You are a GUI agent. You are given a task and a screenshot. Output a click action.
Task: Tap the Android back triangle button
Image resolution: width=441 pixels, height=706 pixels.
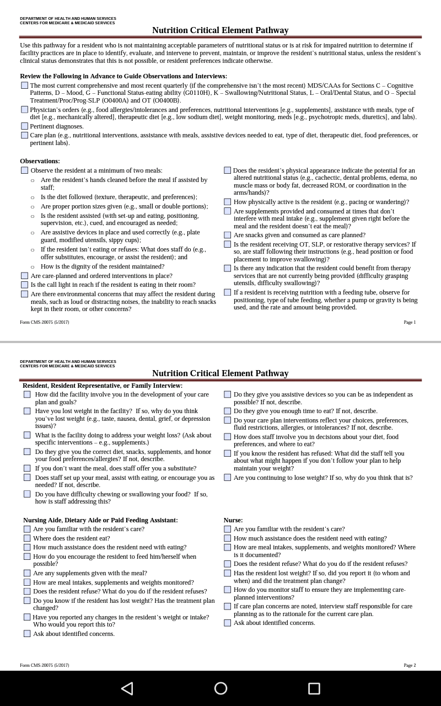(x=127, y=688)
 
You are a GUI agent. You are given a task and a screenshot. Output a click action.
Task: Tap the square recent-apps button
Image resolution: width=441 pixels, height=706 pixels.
(x=314, y=688)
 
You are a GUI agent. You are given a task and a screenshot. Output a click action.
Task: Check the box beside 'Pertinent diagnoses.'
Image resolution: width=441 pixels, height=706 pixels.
(x=24, y=126)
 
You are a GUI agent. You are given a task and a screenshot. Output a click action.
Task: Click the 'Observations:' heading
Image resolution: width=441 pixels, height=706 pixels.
(x=40, y=161)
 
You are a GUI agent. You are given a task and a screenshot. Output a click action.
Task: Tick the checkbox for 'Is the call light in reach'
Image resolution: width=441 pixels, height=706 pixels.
(x=24, y=285)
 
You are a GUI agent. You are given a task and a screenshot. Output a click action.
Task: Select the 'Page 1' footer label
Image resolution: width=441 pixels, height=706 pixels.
(x=410, y=322)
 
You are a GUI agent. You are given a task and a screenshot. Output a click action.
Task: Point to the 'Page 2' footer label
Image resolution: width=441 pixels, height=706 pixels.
(x=410, y=665)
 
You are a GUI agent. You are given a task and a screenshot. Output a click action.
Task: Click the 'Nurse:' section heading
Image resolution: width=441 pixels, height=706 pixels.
(x=233, y=520)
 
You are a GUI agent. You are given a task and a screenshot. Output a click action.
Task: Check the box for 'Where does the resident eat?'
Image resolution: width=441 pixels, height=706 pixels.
(x=27, y=538)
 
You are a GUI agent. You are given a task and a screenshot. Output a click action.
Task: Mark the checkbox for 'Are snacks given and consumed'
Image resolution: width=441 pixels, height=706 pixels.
(x=227, y=235)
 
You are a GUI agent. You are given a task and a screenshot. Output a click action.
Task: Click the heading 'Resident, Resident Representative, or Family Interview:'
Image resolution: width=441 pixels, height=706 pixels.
(x=103, y=386)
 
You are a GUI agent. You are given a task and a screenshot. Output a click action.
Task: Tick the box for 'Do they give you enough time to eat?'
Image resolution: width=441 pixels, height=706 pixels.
(x=227, y=411)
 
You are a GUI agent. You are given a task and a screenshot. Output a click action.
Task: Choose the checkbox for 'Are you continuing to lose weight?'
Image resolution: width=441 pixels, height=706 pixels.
(x=227, y=478)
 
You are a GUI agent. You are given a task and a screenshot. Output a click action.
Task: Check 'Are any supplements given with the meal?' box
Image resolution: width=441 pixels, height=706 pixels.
(x=27, y=573)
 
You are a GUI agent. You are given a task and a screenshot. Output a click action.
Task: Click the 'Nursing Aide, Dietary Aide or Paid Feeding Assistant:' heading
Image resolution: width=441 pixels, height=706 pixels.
(x=100, y=520)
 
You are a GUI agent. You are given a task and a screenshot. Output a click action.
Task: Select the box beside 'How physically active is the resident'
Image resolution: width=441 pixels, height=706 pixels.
(x=227, y=202)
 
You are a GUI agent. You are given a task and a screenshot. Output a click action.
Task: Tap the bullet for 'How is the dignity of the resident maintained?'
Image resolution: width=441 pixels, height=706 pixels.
(x=33, y=267)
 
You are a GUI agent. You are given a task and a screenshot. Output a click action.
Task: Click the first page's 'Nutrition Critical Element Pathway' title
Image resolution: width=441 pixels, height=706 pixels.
(x=220, y=30)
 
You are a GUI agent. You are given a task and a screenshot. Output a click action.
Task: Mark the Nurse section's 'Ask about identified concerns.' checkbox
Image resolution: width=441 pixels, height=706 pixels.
(x=227, y=623)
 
